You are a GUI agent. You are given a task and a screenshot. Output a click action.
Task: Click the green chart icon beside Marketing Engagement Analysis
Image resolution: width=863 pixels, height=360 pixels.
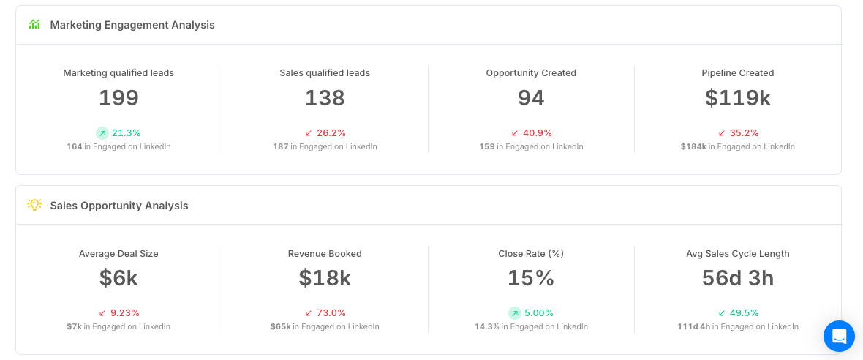pyautogui.click(x=34, y=24)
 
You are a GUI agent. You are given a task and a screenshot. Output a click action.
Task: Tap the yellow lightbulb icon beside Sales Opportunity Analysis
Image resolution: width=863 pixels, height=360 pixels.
pyautogui.click(x=34, y=205)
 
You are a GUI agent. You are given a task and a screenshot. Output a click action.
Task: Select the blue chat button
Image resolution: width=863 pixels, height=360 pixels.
pyautogui.click(x=839, y=336)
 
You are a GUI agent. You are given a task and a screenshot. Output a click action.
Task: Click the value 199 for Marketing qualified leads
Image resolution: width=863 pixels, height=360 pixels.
pyautogui.click(x=118, y=98)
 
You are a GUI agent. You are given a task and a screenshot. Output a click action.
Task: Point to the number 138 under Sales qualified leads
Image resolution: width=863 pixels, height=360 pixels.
pyautogui.click(x=325, y=98)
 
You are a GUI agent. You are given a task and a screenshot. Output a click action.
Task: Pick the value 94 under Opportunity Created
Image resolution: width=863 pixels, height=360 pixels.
pyautogui.click(x=531, y=98)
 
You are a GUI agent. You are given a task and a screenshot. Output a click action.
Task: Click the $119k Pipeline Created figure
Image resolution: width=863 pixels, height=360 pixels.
pyautogui.click(x=737, y=98)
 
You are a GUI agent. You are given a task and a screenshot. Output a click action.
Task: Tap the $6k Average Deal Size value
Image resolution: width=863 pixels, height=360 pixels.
pyautogui.click(x=118, y=278)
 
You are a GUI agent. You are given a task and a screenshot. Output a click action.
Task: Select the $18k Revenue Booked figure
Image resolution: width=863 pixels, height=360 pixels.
pyautogui.click(x=325, y=278)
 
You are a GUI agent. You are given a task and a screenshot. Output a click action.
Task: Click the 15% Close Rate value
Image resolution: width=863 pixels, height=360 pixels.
pyautogui.click(x=530, y=278)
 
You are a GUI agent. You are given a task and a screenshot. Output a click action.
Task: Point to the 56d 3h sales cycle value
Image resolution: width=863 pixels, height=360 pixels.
pyautogui.click(x=737, y=278)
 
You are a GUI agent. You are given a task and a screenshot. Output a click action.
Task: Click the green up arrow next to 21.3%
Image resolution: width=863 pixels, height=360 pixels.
pyautogui.click(x=102, y=132)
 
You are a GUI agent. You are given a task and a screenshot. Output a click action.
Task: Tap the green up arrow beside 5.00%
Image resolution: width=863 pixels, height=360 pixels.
pyautogui.click(x=515, y=313)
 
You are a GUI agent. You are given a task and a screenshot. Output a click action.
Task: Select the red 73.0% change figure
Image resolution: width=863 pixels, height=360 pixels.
pyautogui.click(x=331, y=313)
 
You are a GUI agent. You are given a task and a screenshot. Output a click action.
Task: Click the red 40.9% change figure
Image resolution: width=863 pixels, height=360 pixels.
pyautogui.click(x=537, y=132)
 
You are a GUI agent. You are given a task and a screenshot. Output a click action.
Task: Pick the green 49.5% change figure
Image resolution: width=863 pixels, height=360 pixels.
pyautogui.click(x=744, y=313)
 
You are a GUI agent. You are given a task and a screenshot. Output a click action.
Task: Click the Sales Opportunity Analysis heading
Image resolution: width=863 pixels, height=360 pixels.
pyautogui.click(x=119, y=206)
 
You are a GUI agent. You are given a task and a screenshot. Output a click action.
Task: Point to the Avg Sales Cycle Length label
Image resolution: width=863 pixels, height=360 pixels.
pyautogui.click(x=737, y=254)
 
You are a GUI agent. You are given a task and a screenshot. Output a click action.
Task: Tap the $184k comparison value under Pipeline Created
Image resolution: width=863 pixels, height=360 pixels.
pyautogui.click(x=693, y=146)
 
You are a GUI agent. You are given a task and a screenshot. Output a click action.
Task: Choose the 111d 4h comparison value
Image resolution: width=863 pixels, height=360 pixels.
pyautogui.click(x=693, y=326)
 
